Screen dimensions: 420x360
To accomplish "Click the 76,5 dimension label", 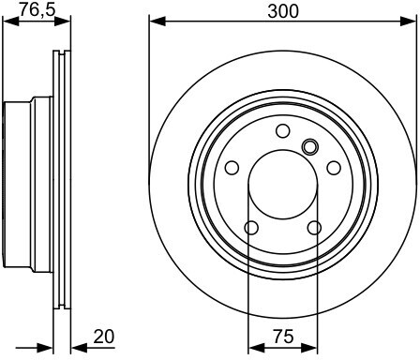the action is pos(37,9).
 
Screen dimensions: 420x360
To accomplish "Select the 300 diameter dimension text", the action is pos(283,12).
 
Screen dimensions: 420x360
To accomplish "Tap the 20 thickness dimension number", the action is pos(104,337).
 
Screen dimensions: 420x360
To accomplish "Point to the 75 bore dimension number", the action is pos(283,337).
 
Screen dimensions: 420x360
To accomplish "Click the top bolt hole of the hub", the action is pos(283,130).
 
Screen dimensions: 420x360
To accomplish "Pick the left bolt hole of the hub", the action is pos(232,168).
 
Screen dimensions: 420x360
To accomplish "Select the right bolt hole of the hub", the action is pos(334,168).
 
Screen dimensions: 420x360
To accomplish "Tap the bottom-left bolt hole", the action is pos(251,228).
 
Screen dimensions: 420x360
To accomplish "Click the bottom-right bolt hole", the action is pos(314,228).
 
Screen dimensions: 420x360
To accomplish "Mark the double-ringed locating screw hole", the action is pos(310,146).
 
